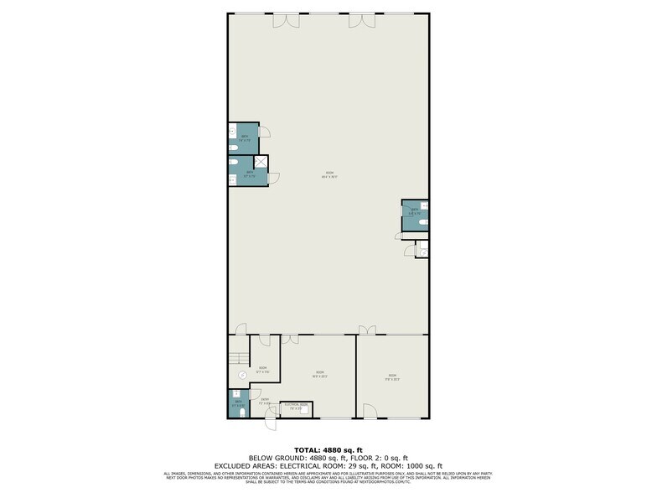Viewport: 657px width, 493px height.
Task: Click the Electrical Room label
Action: click(x=297, y=407)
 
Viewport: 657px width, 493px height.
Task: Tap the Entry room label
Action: click(x=264, y=401)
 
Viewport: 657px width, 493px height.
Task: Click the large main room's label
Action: click(x=329, y=175)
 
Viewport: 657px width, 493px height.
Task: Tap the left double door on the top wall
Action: click(x=285, y=19)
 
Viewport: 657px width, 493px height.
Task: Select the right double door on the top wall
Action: click(x=361, y=19)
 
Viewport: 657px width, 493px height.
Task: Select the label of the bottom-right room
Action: click(x=392, y=376)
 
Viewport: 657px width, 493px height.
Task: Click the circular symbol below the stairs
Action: click(x=241, y=375)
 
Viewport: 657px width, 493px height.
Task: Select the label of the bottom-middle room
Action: click(x=319, y=374)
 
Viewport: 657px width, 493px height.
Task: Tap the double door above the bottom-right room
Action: click(x=366, y=330)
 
